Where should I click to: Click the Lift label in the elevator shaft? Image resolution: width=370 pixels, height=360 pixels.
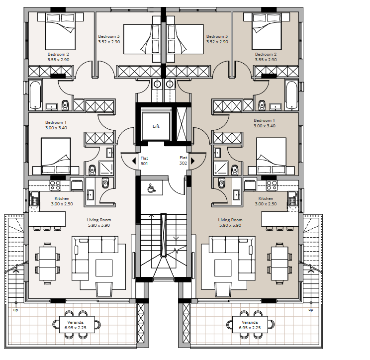click(x=156, y=126)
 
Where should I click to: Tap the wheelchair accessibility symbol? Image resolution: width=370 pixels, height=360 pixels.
click(x=151, y=188)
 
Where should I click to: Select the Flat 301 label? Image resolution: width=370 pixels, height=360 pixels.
click(x=144, y=161)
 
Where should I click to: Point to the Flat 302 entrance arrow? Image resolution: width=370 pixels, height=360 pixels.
click(x=193, y=161)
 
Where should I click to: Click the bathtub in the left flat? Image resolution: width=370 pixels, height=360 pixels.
click(x=35, y=95)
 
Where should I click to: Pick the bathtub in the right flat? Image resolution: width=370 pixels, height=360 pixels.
click(x=291, y=95)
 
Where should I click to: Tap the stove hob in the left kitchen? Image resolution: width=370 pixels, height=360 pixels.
click(x=55, y=185)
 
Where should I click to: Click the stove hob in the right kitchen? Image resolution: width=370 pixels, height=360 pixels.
click(x=272, y=185)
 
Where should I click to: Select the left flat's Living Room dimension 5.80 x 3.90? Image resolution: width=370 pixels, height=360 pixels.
click(x=99, y=225)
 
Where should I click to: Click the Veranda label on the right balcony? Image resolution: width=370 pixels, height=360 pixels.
click(x=250, y=322)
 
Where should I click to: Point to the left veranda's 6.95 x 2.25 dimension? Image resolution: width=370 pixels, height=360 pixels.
click(x=75, y=328)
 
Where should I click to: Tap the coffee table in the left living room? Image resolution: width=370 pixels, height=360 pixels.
click(x=104, y=268)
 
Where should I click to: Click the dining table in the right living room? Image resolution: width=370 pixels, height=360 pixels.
click(x=279, y=263)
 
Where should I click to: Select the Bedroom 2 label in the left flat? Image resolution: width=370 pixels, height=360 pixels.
click(x=58, y=54)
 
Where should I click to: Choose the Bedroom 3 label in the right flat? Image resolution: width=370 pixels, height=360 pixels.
click(x=217, y=36)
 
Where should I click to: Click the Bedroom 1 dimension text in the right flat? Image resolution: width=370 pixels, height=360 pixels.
click(x=264, y=126)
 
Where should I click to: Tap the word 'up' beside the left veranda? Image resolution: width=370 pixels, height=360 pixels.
click(x=15, y=310)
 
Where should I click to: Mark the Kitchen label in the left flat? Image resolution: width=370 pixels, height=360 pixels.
click(x=62, y=198)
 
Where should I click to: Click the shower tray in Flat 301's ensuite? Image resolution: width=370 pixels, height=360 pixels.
click(x=106, y=168)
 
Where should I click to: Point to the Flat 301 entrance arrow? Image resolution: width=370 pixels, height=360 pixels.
click(x=134, y=161)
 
